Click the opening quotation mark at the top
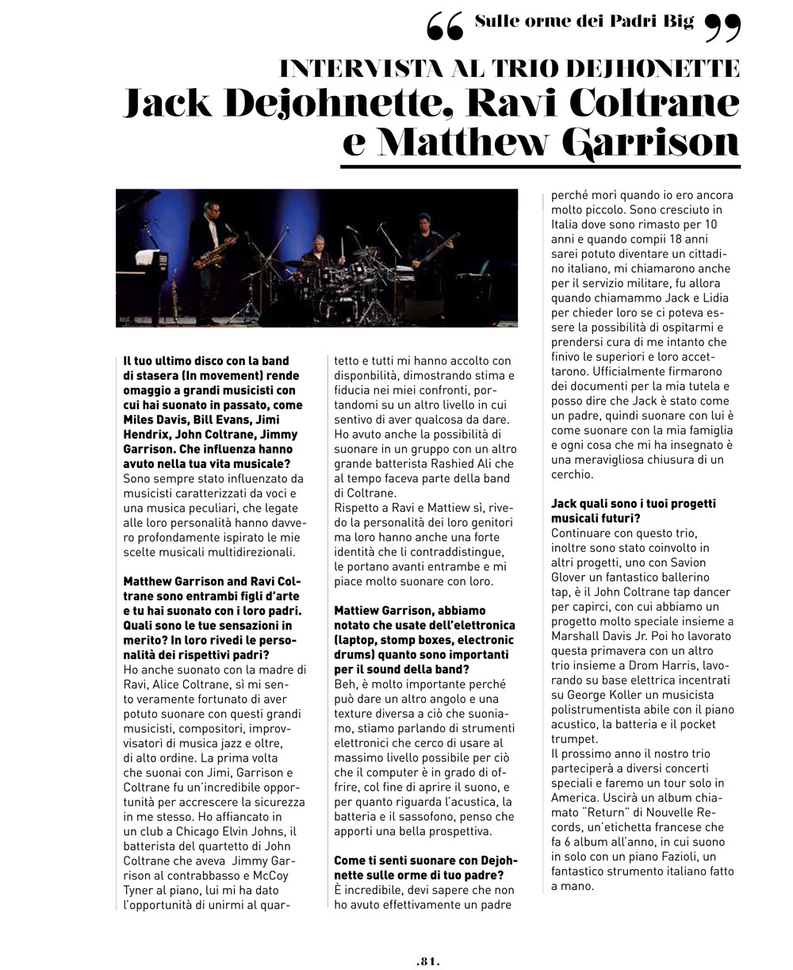tap(444, 29)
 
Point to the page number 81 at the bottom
tap(427, 960)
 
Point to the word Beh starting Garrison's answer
tap(344, 684)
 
